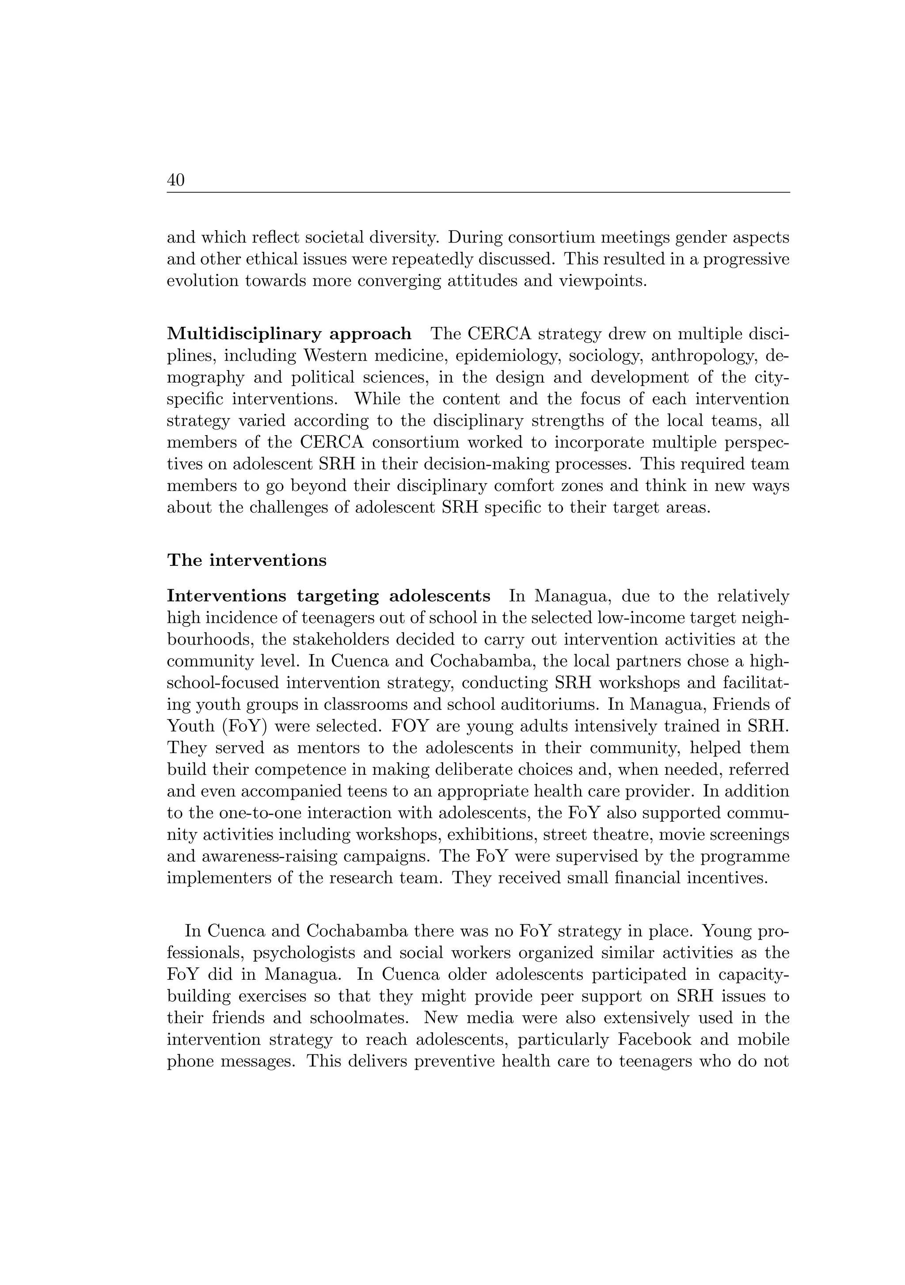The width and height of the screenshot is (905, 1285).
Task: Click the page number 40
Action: pyautogui.click(x=176, y=180)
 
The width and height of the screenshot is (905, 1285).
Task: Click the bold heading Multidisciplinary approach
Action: pyautogui.click(x=289, y=334)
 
